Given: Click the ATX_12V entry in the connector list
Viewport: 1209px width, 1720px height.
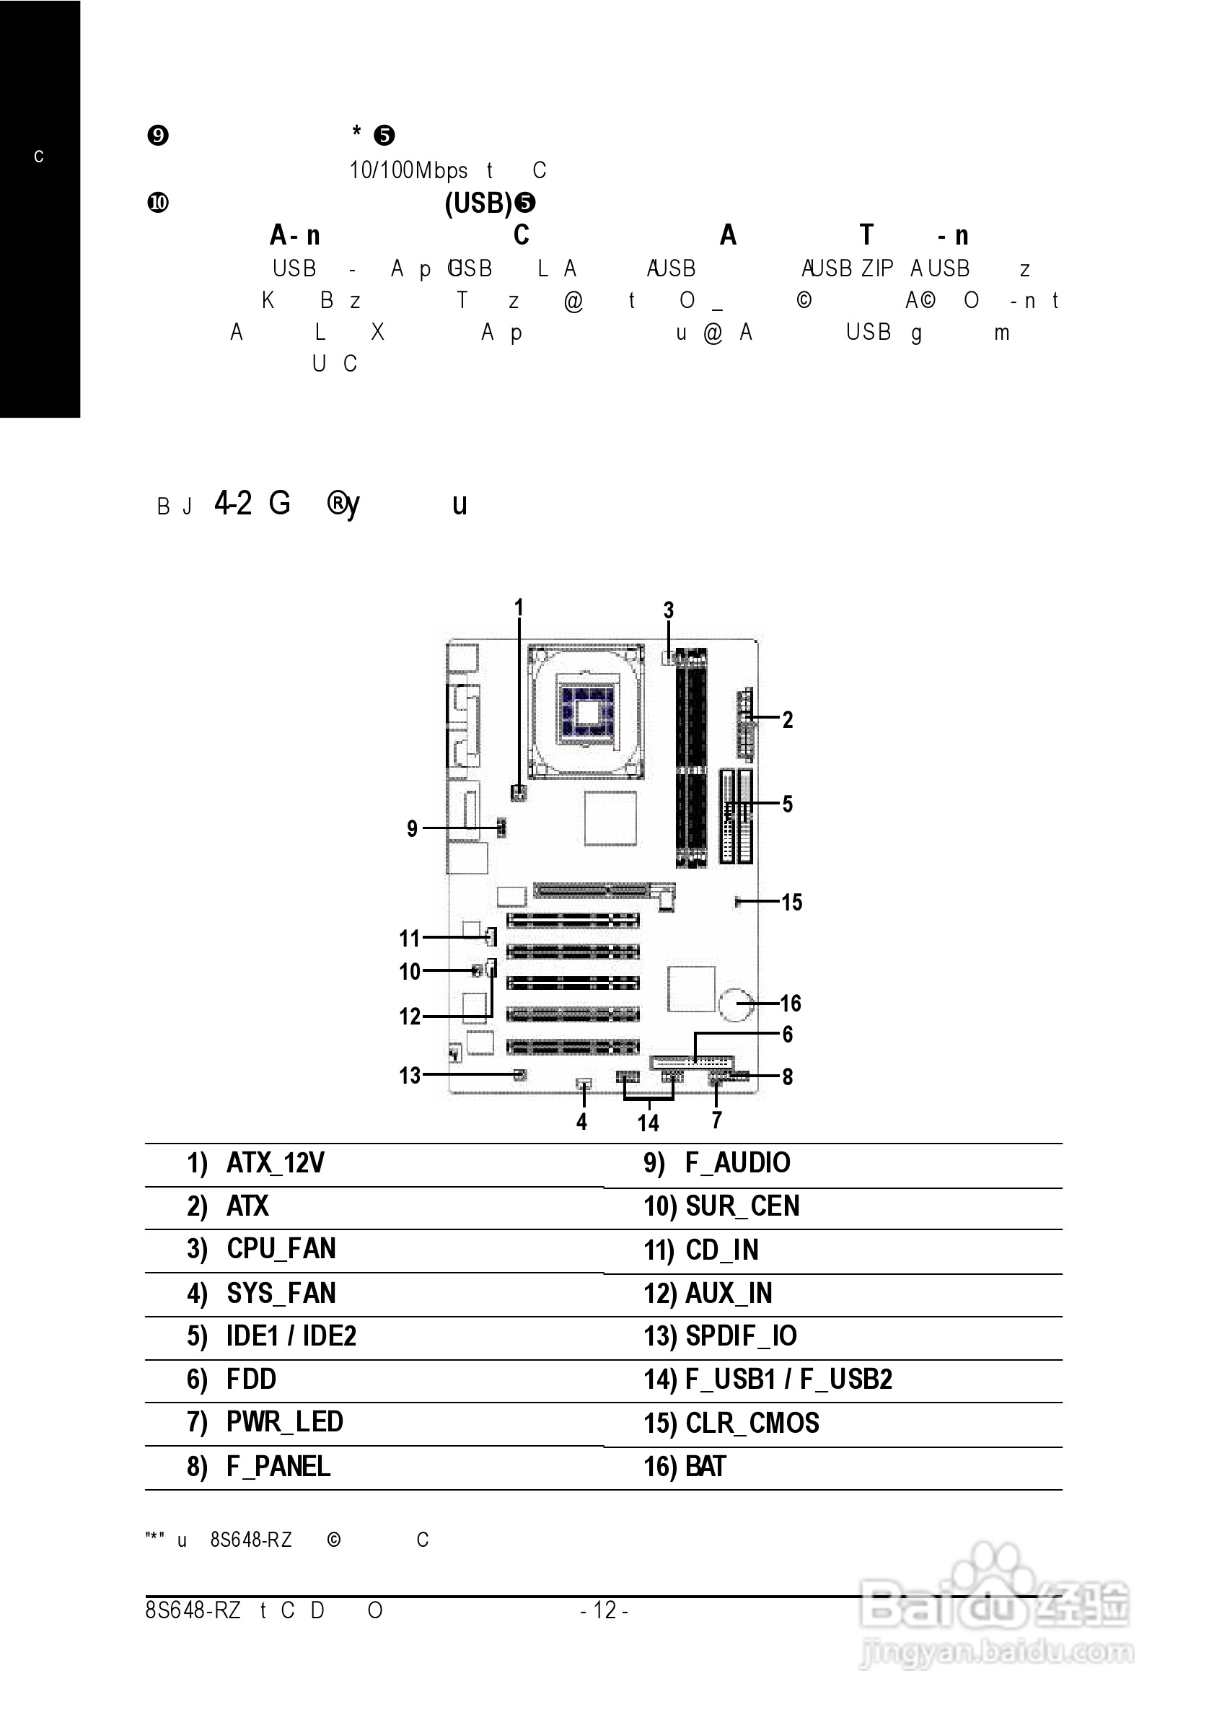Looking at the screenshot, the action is [275, 1162].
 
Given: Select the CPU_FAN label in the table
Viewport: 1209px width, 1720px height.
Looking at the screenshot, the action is [281, 1249].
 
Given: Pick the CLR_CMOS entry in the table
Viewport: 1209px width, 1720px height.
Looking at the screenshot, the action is [752, 1423].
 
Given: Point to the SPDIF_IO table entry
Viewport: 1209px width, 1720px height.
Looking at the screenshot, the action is [741, 1335].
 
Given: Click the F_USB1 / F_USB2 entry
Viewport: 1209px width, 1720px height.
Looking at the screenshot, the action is [788, 1379].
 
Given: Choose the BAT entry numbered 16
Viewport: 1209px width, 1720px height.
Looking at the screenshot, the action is [705, 1466].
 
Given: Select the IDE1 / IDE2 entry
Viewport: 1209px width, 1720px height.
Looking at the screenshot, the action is [291, 1335].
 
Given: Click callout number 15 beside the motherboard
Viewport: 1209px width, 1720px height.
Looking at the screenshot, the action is [792, 902].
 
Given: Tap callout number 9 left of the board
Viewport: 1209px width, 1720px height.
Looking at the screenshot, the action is [412, 828].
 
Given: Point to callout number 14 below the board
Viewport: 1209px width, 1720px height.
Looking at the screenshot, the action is [648, 1123].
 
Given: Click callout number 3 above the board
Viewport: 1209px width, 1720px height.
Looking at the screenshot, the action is [669, 610].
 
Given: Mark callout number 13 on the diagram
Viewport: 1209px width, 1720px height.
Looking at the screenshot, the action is [410, 1076].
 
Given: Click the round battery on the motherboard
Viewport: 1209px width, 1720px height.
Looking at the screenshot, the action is [736, 1004].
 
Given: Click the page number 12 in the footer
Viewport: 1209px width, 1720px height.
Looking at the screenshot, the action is [604, 1610].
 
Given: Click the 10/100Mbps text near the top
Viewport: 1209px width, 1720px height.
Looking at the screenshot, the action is [408, 171].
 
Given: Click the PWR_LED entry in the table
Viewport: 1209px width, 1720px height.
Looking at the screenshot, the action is [285, 1422].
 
